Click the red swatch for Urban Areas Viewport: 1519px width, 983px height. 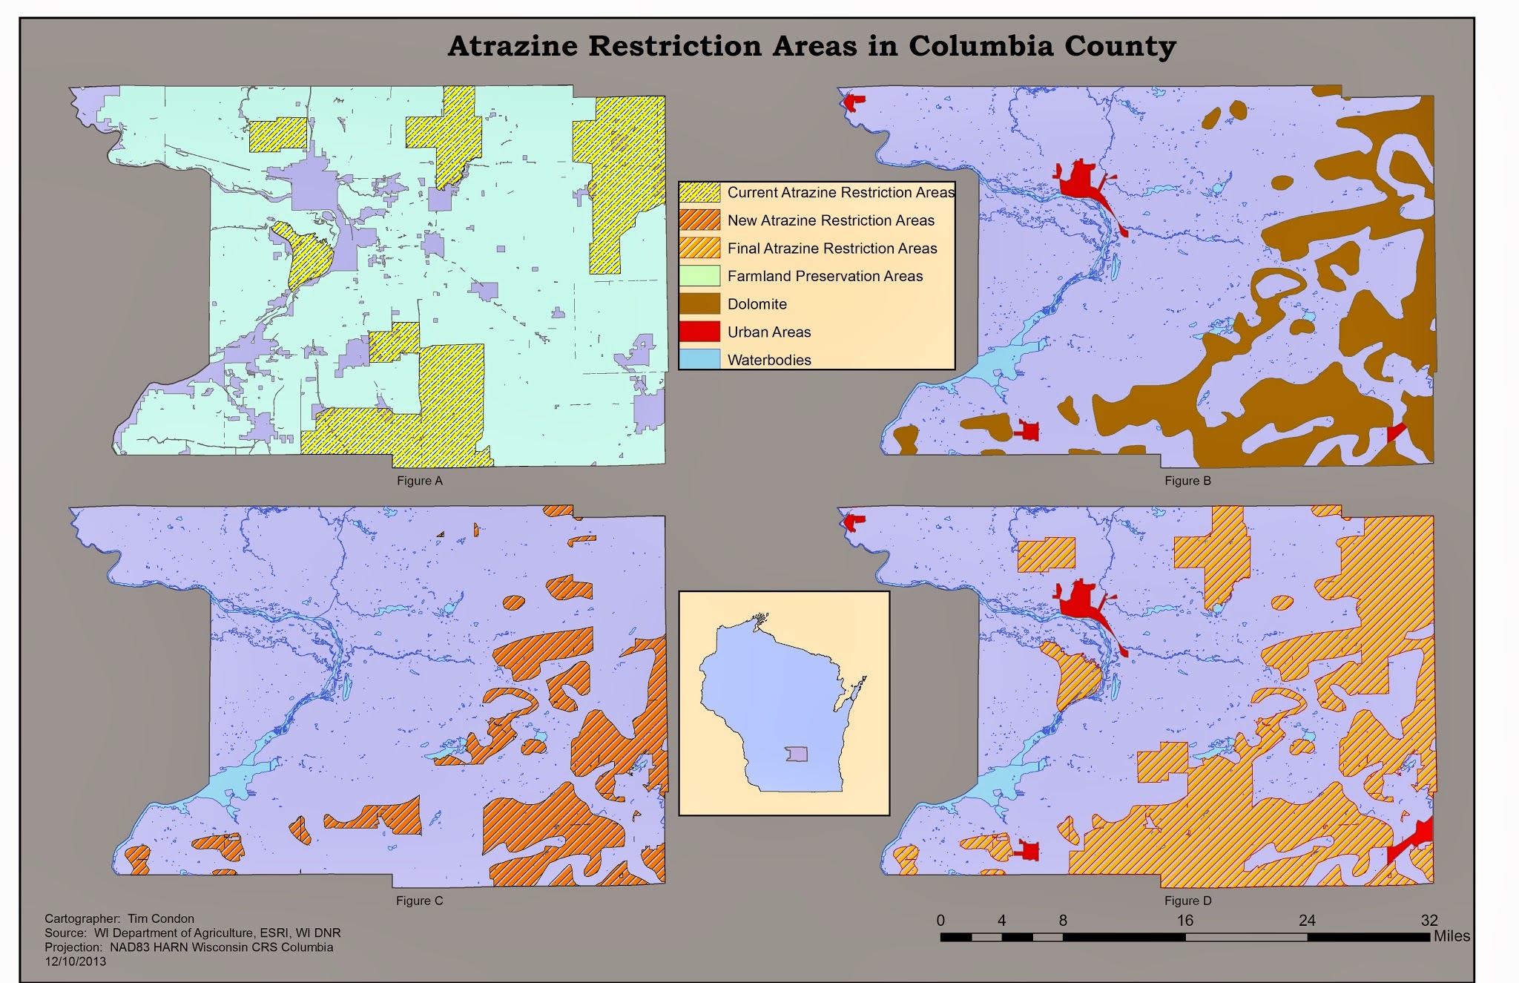(699, 332)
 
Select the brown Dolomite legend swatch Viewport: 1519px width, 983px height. (699, 303)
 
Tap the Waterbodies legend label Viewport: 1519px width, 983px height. (768, 360)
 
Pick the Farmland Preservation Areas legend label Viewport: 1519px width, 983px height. (824, 276)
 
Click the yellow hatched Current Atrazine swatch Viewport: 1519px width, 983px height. (699, 192)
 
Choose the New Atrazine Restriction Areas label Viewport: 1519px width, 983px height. (830, 220)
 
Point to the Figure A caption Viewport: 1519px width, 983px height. (419, 481)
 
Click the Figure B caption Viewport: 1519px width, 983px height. (1187, 481)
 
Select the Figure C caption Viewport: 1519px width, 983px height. (419, 901)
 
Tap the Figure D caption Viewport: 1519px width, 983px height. (1187, 901)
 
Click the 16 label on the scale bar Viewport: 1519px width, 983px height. (1184, 921)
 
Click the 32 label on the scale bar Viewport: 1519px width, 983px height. (1429, 921)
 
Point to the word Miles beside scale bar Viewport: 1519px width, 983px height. (1451, 936)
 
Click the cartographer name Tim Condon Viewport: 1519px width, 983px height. (160, 918)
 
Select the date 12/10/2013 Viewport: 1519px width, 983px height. (75, 961)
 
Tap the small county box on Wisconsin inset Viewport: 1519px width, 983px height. (797, 754)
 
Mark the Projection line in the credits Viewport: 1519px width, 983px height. (188, 947)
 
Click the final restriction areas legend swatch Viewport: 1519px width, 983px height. (699, 248)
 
